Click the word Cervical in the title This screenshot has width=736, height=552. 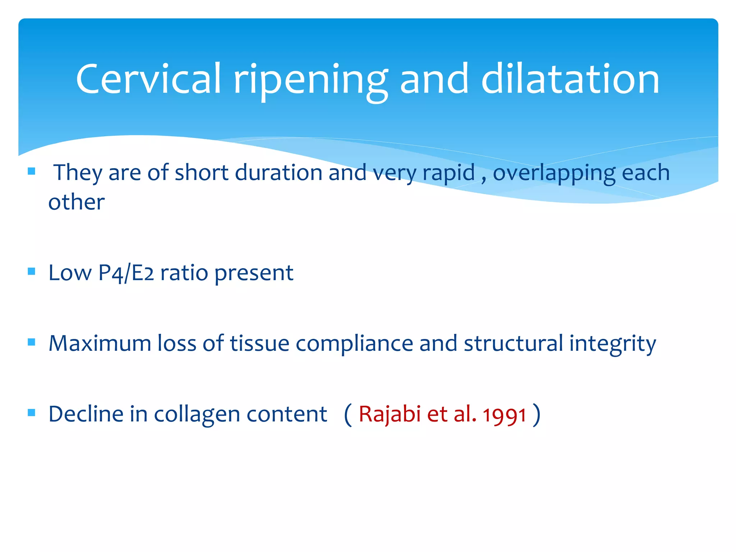[x=148, y=79]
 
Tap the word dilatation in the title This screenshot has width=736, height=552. [x=570, y=79]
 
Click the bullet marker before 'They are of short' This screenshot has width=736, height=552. [x=32, y=171]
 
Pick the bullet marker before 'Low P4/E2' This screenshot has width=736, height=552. [x=32, y=271]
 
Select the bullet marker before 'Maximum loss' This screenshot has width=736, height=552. [x=32, y=342]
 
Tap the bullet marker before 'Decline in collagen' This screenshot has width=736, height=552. [x=32, y=413]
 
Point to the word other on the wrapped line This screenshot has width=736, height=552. [x=77, y=202]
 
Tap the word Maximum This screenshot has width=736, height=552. [x=100, y=343]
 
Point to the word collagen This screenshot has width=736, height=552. [x=197, y=414]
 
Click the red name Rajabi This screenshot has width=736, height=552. [x=390, y=414]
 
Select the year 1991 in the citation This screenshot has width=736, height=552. [x=505, y=415]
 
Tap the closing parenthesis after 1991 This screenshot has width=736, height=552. [x=537, y=414]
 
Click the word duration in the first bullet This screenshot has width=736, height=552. [x=279, y=173]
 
